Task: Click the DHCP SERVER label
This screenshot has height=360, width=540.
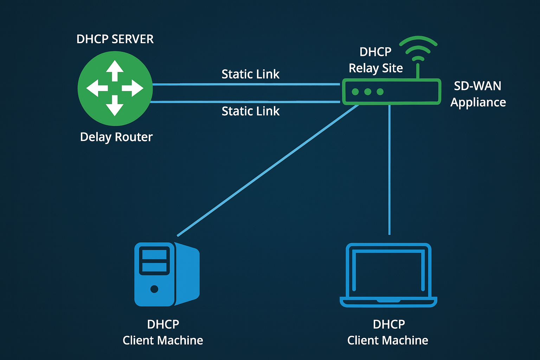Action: point(115,39)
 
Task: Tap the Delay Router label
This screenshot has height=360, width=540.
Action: point(116,137)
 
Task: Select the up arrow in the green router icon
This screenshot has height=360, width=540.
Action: point(115,70)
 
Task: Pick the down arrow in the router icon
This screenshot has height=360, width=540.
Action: point(115,106)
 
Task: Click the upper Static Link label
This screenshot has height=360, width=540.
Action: point(250,74)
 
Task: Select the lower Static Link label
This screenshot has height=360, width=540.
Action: point(250,111)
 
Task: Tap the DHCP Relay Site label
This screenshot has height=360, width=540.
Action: point(375,60)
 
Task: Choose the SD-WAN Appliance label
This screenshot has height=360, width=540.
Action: point(478,94)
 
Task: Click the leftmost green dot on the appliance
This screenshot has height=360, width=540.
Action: point(355,92)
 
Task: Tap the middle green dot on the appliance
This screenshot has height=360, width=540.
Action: point(368,92)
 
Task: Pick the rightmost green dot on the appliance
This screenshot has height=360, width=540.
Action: point(380,92)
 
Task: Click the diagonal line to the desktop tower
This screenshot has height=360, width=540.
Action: point(267,171)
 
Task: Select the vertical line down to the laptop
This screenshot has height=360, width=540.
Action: point(389,169)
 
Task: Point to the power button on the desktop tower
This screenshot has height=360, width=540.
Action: point(154,289)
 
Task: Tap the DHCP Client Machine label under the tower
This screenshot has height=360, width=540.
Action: point(163,332)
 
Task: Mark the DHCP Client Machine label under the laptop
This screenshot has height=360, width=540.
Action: point(388,332)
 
